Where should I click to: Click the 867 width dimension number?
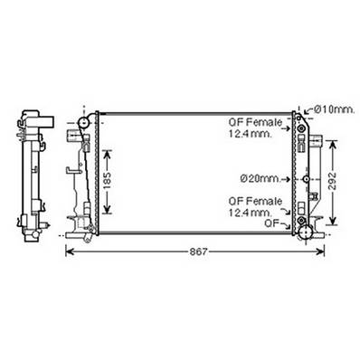[x=197, y=251]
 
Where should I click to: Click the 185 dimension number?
[x=109, y=186]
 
